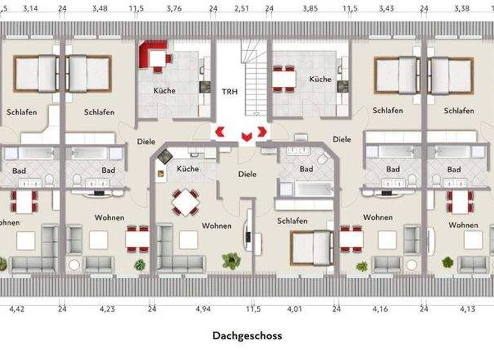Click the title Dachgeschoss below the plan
click(x=247, y=336)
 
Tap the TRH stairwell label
click(x=230, y=91)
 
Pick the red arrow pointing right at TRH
click(x=262, y=131)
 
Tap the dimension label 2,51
click(x=241, y=9)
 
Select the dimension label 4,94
click(x=203, y=309)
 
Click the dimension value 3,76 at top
click(x=174, y=9)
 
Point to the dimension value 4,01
click(x=295, y=309)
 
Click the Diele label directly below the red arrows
click(x=247, y=174)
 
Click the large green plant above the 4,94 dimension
click(x=230, y=260)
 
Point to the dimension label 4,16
click(x=380, y=309)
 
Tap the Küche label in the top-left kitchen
click(x=164, y=91)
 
